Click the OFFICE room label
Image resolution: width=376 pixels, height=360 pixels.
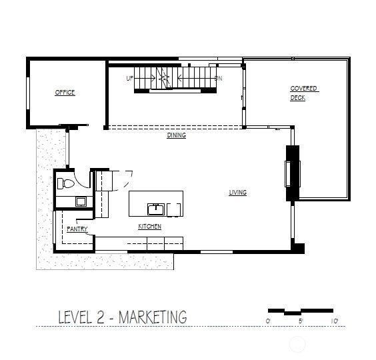pyautogui.click(x=65, y=93)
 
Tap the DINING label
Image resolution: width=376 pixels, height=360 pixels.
pyautogui.click(x=177, y=135)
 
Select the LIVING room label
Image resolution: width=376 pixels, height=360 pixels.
pyautogui.click(x=238, y=193)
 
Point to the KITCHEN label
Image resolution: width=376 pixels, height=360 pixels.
pyautogui.click(x=150, y=227)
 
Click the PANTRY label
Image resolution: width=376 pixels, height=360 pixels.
pyautogui.click(x=77, y=229)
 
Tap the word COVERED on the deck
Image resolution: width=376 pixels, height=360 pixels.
pyautogui.click(x=304, y=89)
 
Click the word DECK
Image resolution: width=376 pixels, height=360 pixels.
pyautogui.click(x=297, y=98)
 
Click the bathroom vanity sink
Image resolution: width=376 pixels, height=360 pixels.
pyautogui.click(x=80, y=201)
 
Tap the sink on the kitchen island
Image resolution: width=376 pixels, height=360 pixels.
pyautogui.click(x=155, y=209)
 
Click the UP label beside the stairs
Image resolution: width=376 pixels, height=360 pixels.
pyautogui.click(x=130, y=78)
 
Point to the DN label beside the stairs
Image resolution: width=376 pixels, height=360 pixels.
pyautogui.click(x=218, y=78)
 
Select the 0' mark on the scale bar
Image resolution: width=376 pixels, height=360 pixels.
pyautogui.click(x=269, y=321)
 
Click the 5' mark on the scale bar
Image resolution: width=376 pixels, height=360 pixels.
pyautogui.click(x=301, y=321)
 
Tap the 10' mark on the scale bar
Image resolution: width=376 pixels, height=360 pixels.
pyautogui.click(x=334, y=321)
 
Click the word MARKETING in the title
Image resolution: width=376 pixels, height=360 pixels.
pyautogui.click(x=153, y=317)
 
